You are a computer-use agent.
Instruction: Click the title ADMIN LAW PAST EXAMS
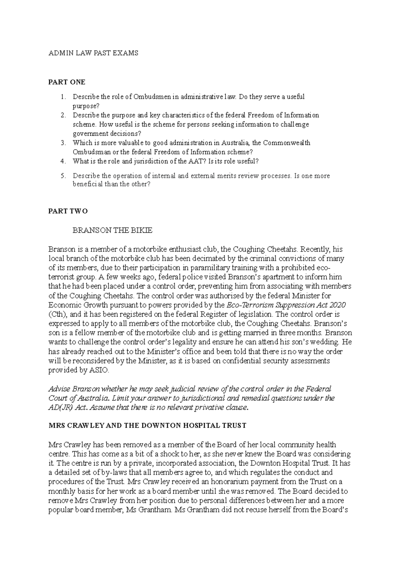coord(93,53)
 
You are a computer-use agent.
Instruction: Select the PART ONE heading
coord(67,82)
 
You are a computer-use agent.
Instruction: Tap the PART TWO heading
coord(68,211)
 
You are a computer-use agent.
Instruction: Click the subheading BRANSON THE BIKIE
coord(112,230)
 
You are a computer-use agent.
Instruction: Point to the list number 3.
coord(63,143)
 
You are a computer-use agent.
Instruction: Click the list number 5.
coord(63,176)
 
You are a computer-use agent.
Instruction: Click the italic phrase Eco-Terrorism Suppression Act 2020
coord(286,305)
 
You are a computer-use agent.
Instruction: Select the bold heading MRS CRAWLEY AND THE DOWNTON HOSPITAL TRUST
coord(147,425)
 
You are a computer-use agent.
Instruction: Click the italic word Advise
coord(59,389)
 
